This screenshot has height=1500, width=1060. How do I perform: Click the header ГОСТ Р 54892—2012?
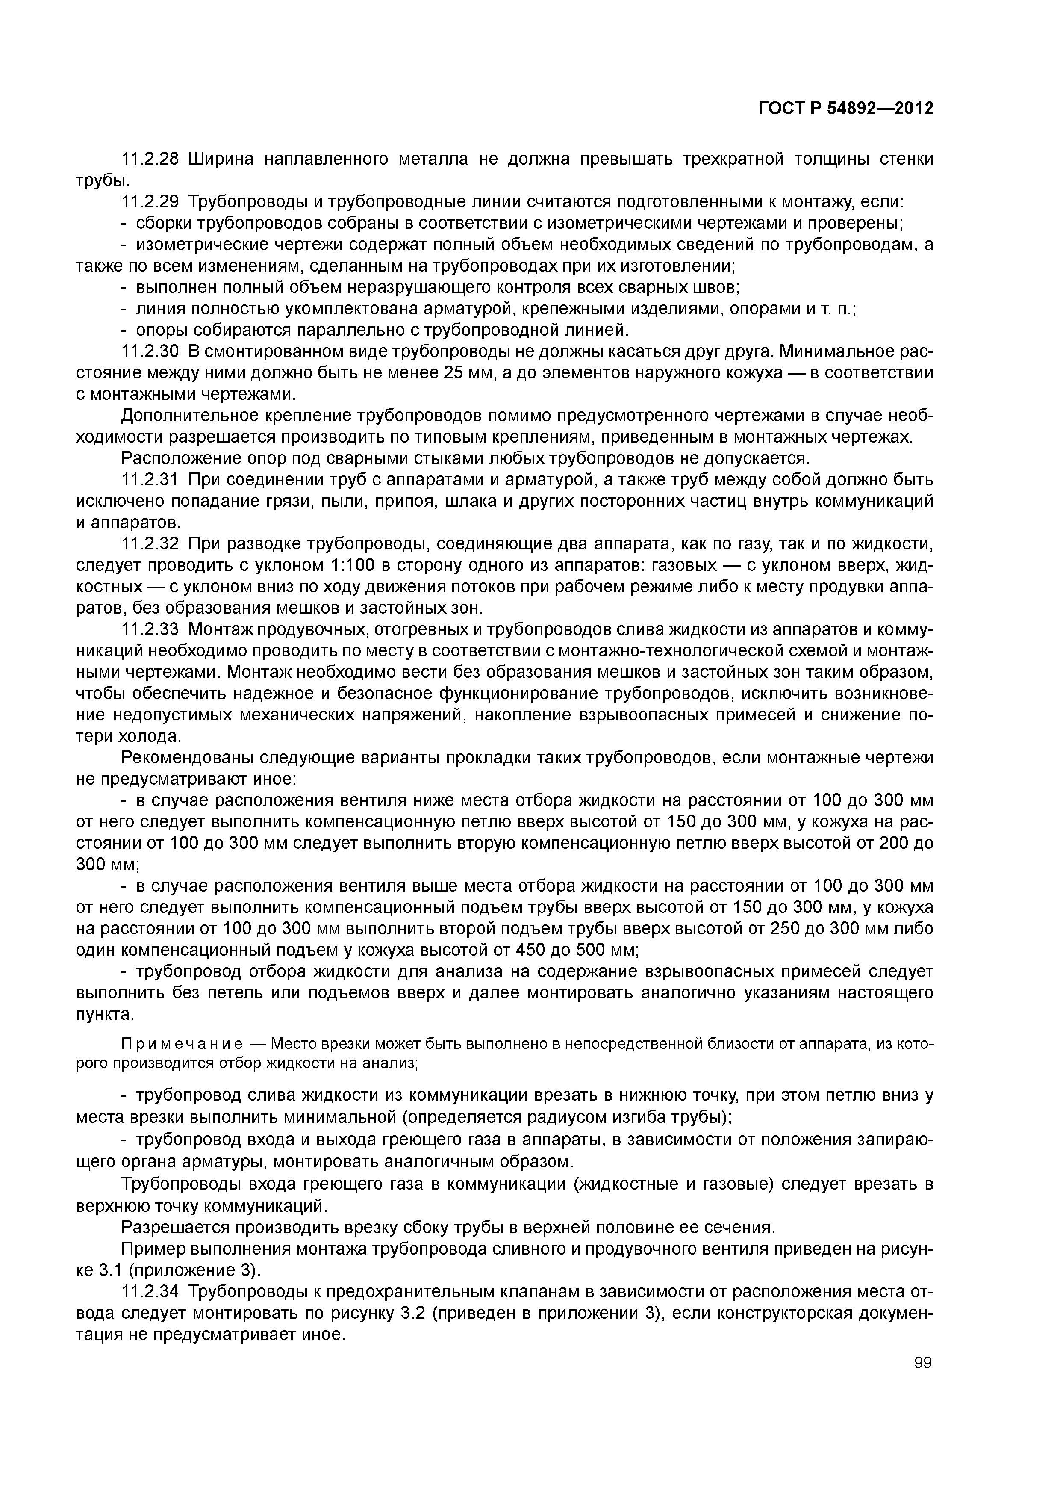[846, 109]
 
